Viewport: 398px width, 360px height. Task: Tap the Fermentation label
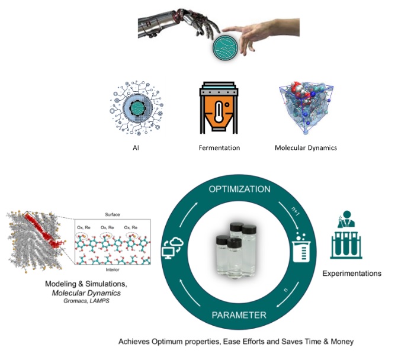(219, 147)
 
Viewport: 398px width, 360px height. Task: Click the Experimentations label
(351, 274)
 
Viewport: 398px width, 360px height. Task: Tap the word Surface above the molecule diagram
(112, 217)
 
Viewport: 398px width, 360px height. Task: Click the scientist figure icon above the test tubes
(344, 223)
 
